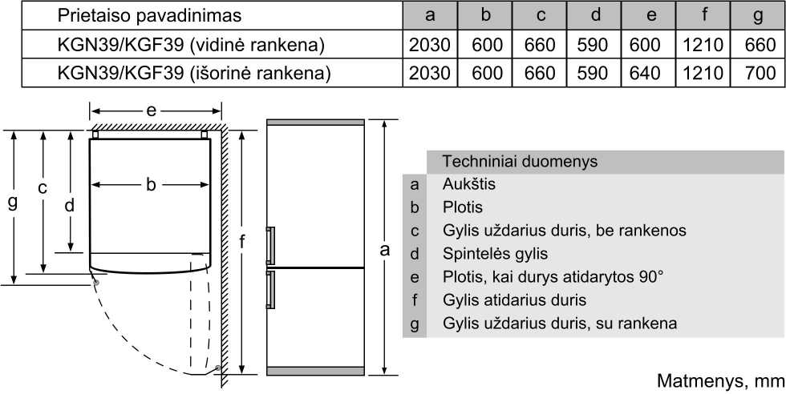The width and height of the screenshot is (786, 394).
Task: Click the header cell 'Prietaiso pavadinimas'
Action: [x=149, y=15]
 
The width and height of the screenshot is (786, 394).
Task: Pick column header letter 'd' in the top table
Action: [x=595, y=15]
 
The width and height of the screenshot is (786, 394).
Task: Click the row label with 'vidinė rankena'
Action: [x=191, y=45]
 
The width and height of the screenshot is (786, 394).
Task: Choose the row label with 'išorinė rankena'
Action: [x=194, y=74]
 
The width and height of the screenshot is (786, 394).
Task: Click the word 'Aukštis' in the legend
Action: [x=468, y=183]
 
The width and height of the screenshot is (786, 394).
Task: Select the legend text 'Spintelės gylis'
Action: [x=495, y=255]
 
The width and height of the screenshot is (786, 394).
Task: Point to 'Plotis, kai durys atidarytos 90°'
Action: [x=553, y=276]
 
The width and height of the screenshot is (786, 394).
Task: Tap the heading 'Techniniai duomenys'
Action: [x=520, y=161]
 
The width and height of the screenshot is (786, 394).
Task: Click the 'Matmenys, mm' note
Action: [x=721, y=381]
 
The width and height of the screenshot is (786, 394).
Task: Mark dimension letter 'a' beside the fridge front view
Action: [x=384, y=250]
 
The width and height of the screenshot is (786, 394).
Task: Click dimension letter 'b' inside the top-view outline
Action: [x=151, y=185]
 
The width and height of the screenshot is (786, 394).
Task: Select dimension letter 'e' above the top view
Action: [x=151, y=111]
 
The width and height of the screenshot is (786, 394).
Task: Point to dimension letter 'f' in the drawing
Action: [x=242, y=243]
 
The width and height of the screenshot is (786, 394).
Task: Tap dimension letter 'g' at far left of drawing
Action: [x=13, y=203]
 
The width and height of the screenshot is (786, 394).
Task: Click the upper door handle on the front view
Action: [x=269, y=245]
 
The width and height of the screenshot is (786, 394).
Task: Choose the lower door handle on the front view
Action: [x=269, y=290]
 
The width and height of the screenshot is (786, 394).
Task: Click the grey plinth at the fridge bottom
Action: [x=315, y=371]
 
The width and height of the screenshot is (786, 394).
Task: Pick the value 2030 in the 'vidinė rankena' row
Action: [x=430, y=45]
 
